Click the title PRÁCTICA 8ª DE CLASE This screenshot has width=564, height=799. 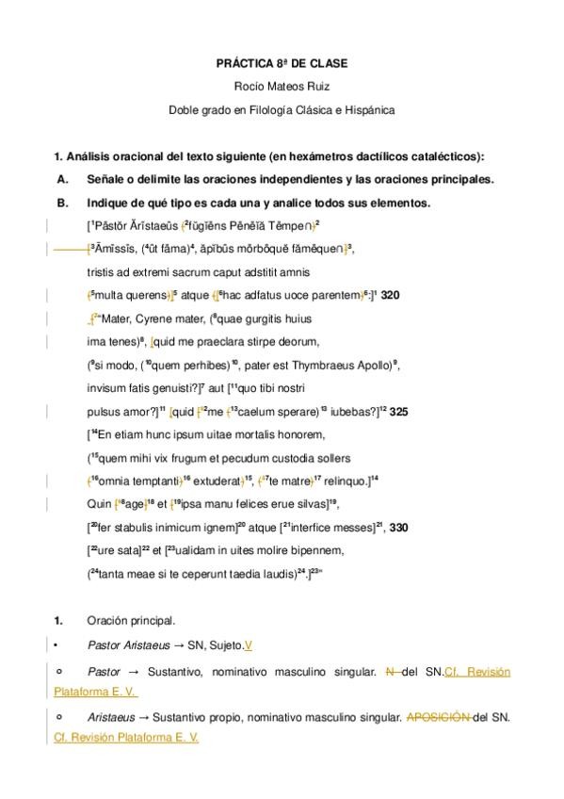[x=282, y=63]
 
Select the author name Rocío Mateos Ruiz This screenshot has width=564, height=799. [x=282, y=87]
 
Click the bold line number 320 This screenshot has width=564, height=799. [x=391, y=295]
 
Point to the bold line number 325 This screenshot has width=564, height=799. [x=397, y=411]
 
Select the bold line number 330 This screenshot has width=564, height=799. [x=398, y=527]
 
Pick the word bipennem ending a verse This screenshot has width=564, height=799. [x=316, y=549]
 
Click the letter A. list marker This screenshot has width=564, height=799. [x=63, y=179]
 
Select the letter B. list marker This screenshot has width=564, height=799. [x=63, y=203]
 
